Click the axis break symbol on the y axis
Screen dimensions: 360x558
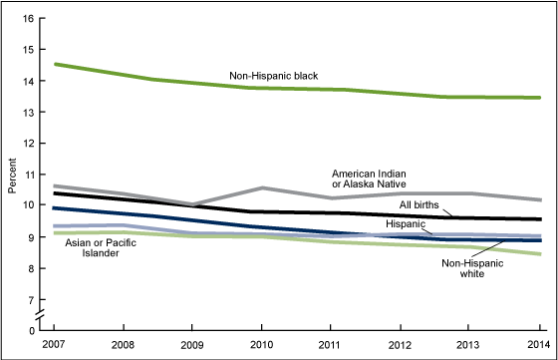click(41, 316)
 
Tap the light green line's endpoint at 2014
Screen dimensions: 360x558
click(540, 254)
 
